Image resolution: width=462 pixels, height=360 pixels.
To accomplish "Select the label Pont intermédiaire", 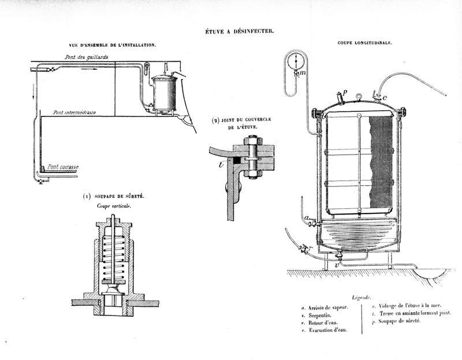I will click(x=74, y=112).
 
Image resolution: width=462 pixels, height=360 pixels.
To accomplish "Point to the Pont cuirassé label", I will click(x=63, y=166).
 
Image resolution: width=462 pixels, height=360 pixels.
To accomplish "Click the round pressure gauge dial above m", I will click(x=296, y=61).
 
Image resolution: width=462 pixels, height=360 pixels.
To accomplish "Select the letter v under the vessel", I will click(x=337, y=265).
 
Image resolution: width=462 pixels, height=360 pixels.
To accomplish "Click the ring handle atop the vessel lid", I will click(x=359, y=96).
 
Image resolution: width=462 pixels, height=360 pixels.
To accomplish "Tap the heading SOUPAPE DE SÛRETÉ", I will click(x=118, y=196).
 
